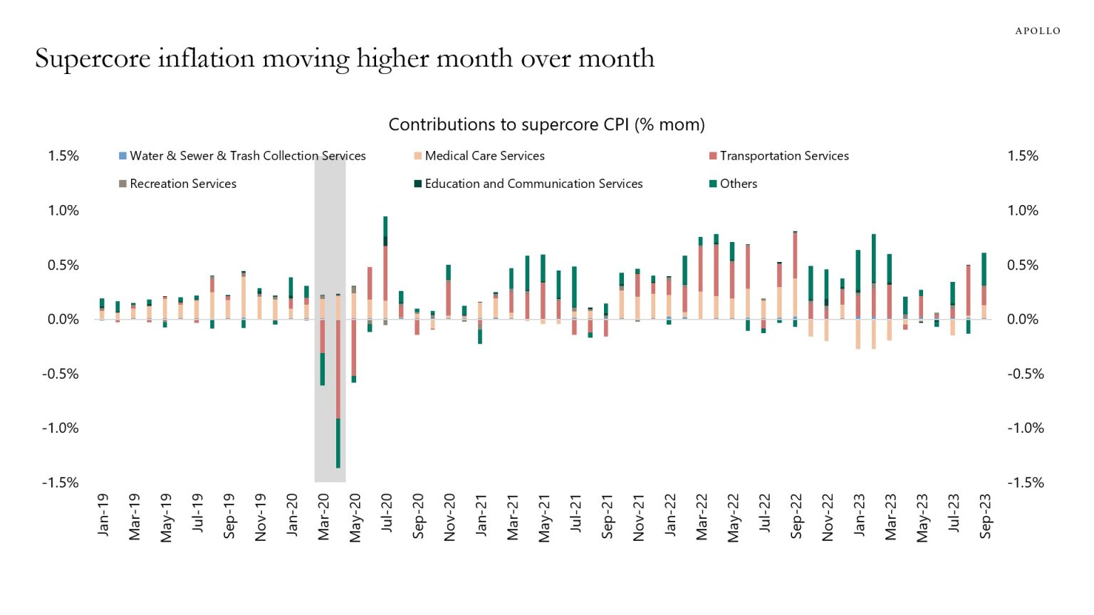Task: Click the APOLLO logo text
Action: click(x=1037, y=31)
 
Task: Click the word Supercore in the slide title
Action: click(x=93, y=59)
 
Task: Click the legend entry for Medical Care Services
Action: click(x=484, y=156)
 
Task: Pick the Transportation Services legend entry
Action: click(x=783, y=156)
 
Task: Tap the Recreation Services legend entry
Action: click(x=182, y=184)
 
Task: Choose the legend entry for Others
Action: click(x=738, y=184)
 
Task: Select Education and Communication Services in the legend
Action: click(x=533, y=184)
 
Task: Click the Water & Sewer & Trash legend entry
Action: click(x=246, y=156)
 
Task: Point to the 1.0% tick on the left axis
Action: click(x=63, y=211)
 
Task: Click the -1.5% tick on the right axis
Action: click(x=1025, y=483)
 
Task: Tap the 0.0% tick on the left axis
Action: click(x=63, y=320)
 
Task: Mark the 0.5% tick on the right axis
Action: click(x=1023, y=266)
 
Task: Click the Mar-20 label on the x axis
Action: click(x=323, y=517)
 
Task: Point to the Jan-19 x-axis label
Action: click(x=103, y=515)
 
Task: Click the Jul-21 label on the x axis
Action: click(x=575, y=514)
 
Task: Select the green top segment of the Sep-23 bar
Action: click(x=984, y=269)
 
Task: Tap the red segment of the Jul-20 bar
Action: click(x=385, y=273)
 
